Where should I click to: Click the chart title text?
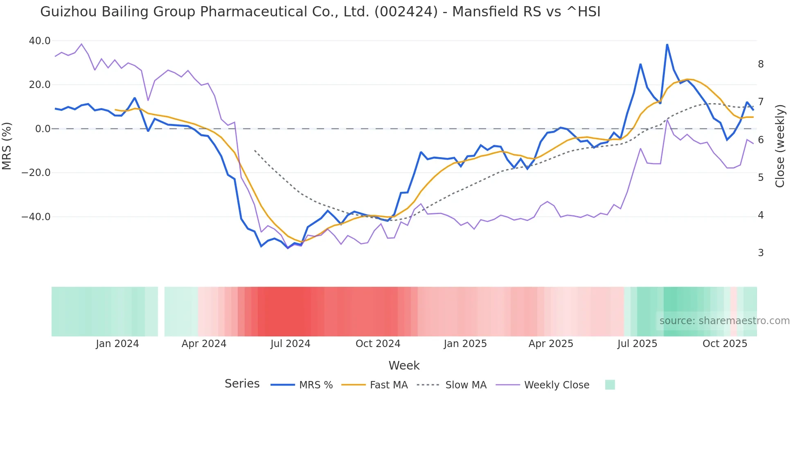pos(320,12)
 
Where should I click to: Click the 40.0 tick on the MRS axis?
pos(40,41)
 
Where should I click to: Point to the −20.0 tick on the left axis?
pos(36,173)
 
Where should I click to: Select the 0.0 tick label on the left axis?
pos(43,129)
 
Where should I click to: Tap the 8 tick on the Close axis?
pos(761,64)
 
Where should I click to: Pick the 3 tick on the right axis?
pos(761,253)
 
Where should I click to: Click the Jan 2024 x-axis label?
pos(117,344)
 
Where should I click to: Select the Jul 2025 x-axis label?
pos(637,344)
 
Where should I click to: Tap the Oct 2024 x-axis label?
pos(378,344)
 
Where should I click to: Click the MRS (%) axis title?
pos(7,146)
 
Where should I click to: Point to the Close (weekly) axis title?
pos(780,146)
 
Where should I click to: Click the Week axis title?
pos(404,365)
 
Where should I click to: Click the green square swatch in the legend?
pos(610,385)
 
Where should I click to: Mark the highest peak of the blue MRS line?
pos(667,45)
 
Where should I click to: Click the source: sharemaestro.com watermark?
pos(724,321)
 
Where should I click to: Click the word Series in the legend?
pos(242,384)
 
